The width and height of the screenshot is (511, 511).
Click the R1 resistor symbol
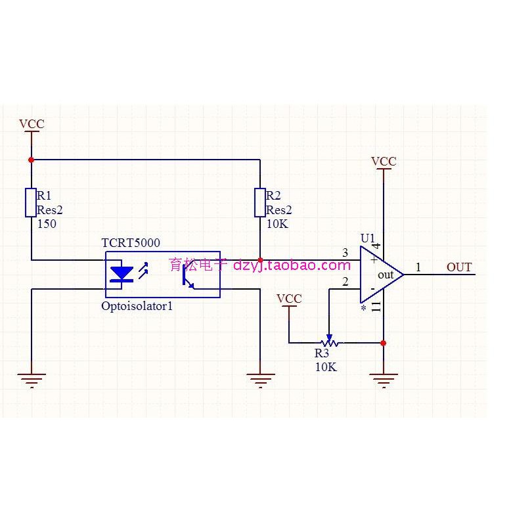tap(30, 202)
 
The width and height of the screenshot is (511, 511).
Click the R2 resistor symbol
tap(260, 202)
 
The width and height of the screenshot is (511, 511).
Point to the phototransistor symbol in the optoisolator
tap(189, 278)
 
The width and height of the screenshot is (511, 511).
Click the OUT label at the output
tap(459, 267)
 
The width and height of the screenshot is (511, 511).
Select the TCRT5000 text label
tap(131, 243)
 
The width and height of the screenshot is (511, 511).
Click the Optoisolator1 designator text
tap(137, 306)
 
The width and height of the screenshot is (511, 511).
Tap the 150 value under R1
tap(47, 224)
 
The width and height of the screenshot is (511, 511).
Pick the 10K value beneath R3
tap(326, 367)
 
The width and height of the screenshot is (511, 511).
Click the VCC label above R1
tap(32, 123)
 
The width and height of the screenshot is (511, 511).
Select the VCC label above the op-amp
tap(384, 161)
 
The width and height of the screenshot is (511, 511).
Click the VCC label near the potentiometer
tap(289, 299)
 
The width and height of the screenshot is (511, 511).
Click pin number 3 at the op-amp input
tap(345, 253)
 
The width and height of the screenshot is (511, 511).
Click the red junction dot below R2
tap(260, 260)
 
